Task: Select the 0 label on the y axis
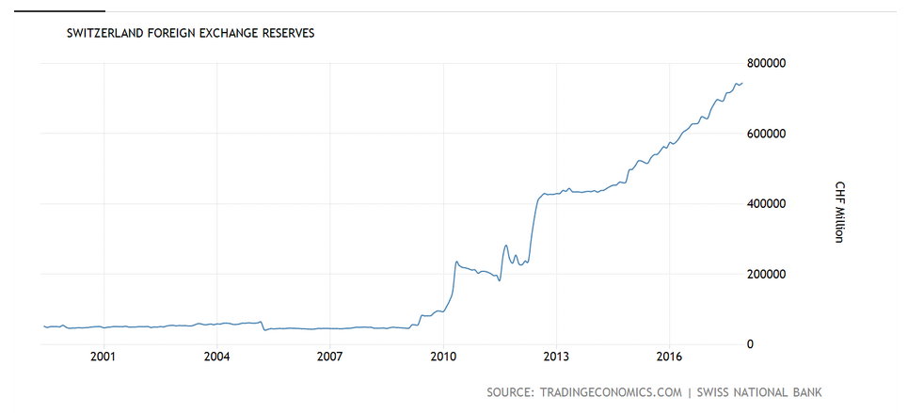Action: coord(749,345)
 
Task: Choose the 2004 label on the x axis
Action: coord(216,357)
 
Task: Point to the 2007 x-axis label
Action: coord(329,357)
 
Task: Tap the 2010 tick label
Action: coord(443,357)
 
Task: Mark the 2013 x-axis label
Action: coord(556,357)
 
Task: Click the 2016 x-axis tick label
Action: coord(669,357)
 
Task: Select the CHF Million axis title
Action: coord(839,211)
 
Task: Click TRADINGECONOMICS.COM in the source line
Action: coord(611,391)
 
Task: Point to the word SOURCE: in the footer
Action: coord(511,391)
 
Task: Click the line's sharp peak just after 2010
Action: coord(456,262)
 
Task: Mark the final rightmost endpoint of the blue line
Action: coord(742,83)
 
